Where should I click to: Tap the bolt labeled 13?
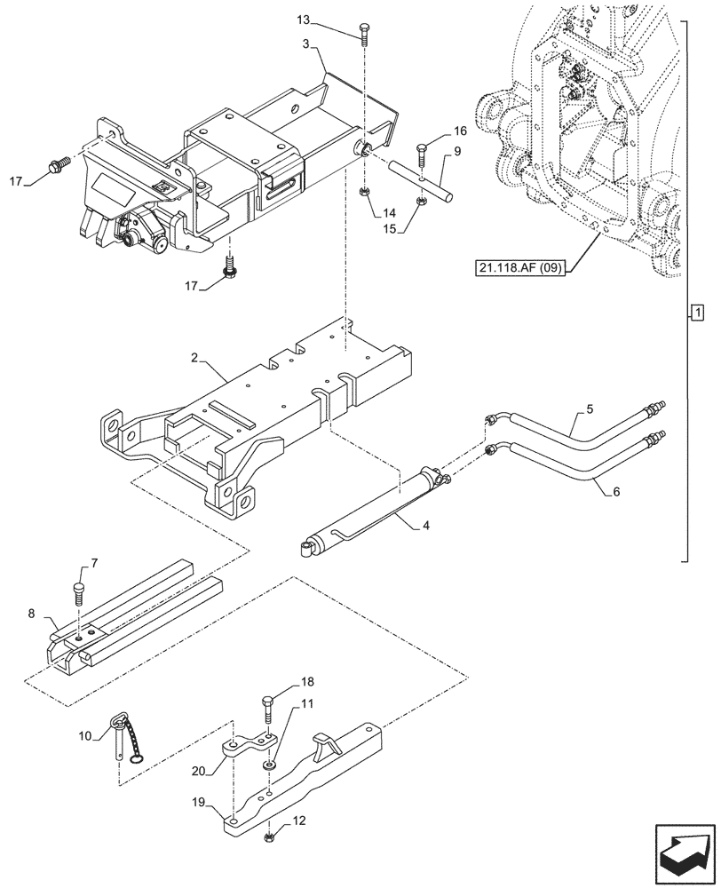click(x=365, y=34)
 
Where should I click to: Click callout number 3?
click(x=304, y=42)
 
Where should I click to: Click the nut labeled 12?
click(x=268, y=836)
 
